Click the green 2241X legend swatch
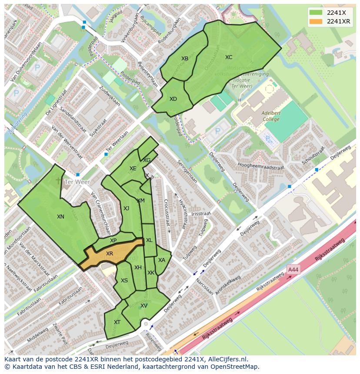[x=316, y=13]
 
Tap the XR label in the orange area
[x=110, y=253]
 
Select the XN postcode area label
[x=60, y=216]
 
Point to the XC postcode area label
[x=229, y=57]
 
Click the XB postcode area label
[x=185, y=58]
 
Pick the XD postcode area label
[x=173, y=99]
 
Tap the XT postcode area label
[x=117, y=322]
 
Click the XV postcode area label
[x=144, y=305]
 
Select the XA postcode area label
[x=161, y=260]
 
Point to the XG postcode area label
[x=147, y=160]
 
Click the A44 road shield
[x=293, y=270]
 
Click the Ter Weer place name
[x=77, y=182]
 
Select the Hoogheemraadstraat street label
[x=261, y=166]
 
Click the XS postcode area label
[x=124, y=280]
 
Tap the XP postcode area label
[x=113, y=240]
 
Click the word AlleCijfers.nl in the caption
[x=228, y=359]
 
